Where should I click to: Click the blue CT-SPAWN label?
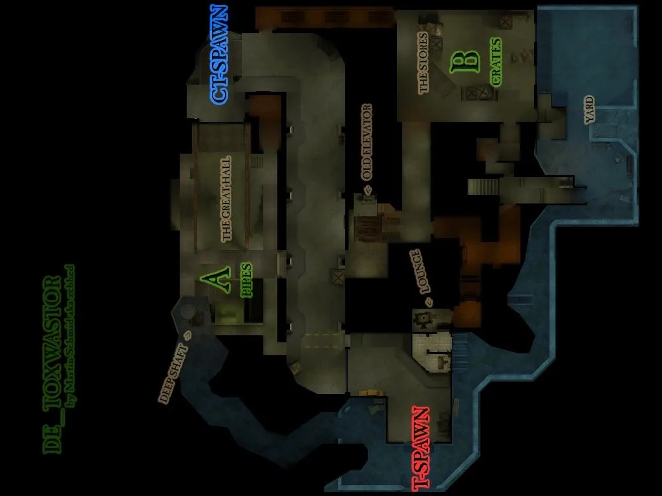tap(219, 55)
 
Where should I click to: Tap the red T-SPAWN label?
tap(421, 447)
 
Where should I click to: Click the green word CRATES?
tap(496, 62)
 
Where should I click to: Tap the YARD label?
tap(589, 110)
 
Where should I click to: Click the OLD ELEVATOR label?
tap(367, 142)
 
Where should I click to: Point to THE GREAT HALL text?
tap(226, 199)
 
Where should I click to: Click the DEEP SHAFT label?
tap(173, 375)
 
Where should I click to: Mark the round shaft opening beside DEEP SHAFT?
tap(187, 311)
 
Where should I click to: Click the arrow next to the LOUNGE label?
tap(427, 302)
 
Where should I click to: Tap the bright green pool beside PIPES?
tap(226, 315)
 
